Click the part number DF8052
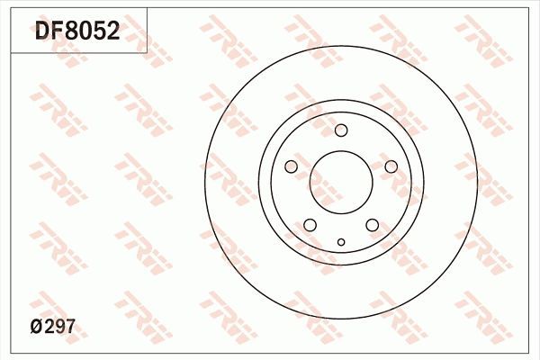click(x=77, y=32)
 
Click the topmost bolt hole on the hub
click(x=341, y=130)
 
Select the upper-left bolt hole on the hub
click(x=291, y=166)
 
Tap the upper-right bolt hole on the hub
click(x=391, y=166)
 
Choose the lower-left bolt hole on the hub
click(x=310, y=225)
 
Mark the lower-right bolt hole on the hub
click(x=372, y=225)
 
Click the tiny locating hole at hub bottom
click(x=341, y=241)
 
